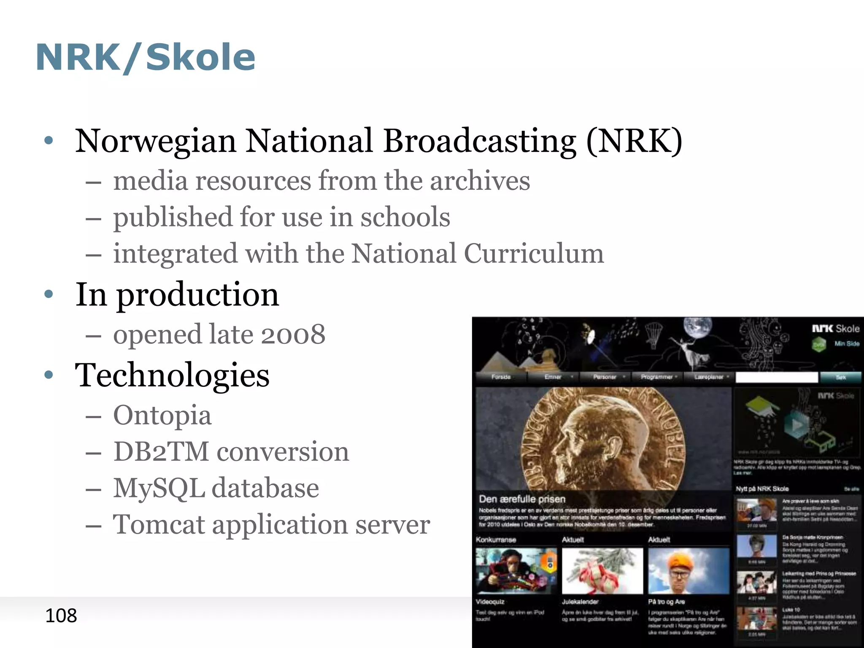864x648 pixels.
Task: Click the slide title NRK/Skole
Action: [x=146, y=57]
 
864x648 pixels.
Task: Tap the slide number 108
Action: [x=61, y=616]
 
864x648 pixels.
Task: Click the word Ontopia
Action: [x=162, y=415]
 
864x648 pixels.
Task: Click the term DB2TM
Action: [x=161, y=451]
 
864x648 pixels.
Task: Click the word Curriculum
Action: [x=534, y=254]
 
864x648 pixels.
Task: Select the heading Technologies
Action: [x=172, y=375]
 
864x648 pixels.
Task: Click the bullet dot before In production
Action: [x=49, y=294]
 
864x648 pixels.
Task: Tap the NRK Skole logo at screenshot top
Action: [x=835, y=329]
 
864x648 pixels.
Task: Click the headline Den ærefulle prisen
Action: [x=522, y=499]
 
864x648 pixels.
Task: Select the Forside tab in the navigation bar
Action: [x=501, y=377]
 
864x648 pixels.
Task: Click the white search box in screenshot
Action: [x=776, y=378]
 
